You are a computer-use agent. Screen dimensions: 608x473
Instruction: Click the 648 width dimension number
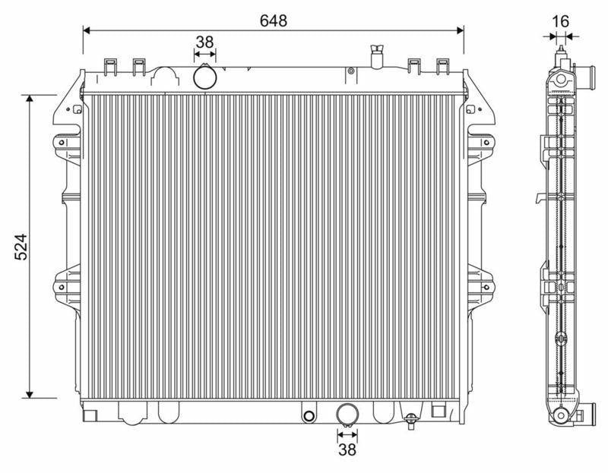(x=274, y=20)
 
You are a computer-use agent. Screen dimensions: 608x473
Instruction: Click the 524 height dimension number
(x=21, y=247)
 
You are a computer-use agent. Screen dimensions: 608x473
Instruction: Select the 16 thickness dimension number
(x=560, y=22)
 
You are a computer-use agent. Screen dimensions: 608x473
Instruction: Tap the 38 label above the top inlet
(x=204, y=42)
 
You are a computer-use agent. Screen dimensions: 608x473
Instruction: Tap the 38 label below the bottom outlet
(x=347, y=449)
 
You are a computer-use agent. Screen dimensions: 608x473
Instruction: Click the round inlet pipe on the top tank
(x=205, y=77)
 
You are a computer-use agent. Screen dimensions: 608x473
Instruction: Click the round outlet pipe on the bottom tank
(x=347, y=415)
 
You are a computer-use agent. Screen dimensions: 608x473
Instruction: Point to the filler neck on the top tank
(x=377, y=57)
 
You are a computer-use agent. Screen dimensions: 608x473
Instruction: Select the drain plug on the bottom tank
(x=410, y=421)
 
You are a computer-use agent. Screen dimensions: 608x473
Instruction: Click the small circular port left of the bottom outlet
(x=309, y=416)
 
